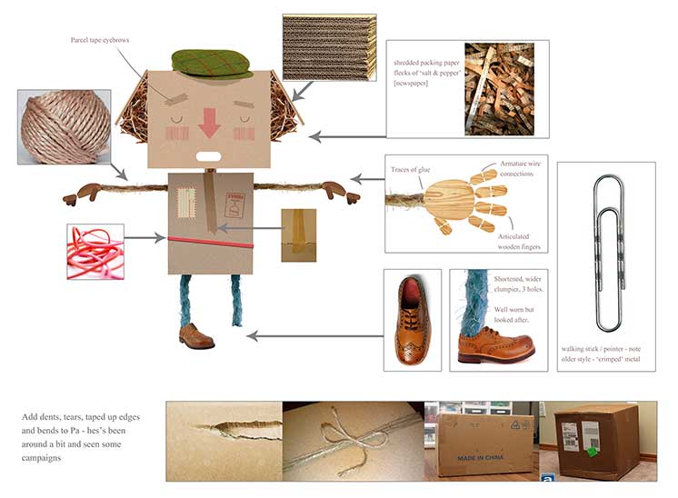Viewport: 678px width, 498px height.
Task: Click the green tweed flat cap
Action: click(212, 62)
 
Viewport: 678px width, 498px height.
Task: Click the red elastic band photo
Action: click(95, 245)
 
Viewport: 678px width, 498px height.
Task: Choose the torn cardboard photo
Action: click(224, 441)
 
